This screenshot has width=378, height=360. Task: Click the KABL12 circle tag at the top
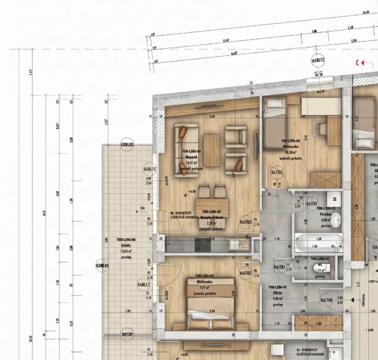[x=317, y=60]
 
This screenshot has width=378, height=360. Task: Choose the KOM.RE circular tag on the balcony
[x=102, y=266]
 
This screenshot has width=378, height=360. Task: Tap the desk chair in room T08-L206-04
[x=321, y=129]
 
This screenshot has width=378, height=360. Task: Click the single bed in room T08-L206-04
[x=276, y=125]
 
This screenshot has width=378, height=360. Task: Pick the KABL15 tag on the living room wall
[x=150, y=169]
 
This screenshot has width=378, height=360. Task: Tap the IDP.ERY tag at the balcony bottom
[x=127, y=334]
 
